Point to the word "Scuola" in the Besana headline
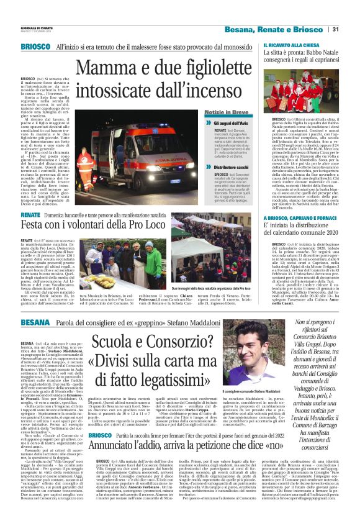pos(121,342)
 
